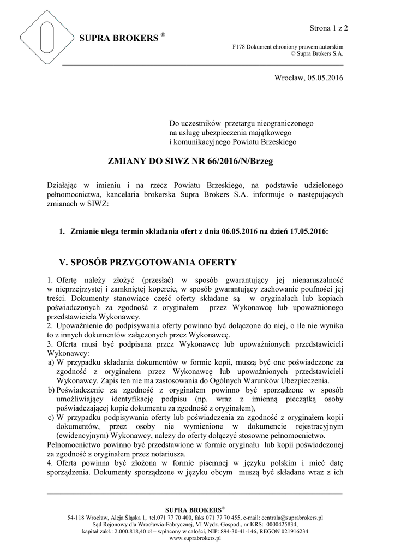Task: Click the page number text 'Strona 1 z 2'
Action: point(329,27)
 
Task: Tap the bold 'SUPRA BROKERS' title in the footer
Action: point(194,509)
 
